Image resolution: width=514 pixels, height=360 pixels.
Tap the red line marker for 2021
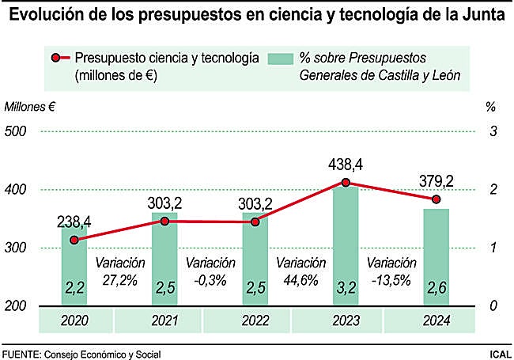pyautogui.click(x=164, y=221)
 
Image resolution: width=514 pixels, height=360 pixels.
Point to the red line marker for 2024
pyautogui.click(x=436, y=199)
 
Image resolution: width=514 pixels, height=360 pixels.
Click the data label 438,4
pyautogui.click(x=346, y=165)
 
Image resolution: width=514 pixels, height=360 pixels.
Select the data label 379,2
pyautogui.click(x=437, y=182)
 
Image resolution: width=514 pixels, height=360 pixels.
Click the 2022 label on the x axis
pyautogui.click(x=255, y=320)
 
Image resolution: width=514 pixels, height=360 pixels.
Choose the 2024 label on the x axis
pyautogui.click(x=436, y=320)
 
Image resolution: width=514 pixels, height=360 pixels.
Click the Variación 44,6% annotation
pyautogui.click(x=300, y=271)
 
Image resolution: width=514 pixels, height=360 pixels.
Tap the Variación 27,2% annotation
pyautogui.click(x=120, y=271)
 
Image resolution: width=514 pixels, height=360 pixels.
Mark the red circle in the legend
pyautogui.click(x=56, y=59)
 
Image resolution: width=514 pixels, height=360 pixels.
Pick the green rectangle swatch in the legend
pyautogui.click(x=280, y=59)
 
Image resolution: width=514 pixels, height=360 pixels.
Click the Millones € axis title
pyautogui.click(x=31, y=107)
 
